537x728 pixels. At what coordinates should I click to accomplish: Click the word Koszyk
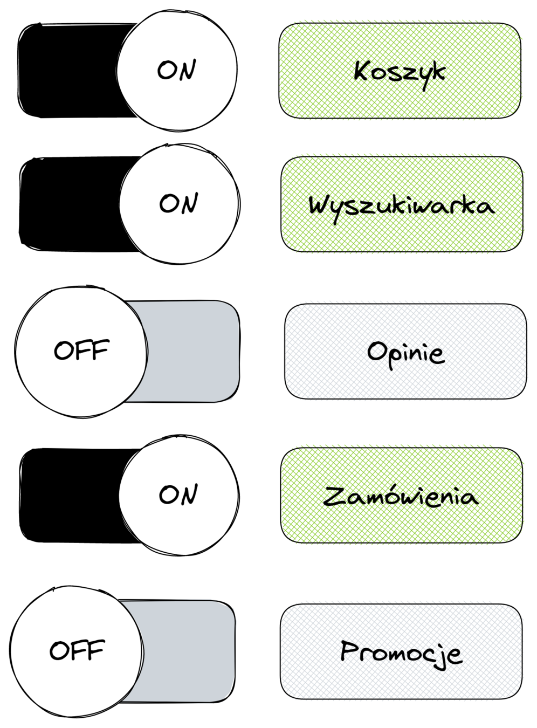coord(400,72)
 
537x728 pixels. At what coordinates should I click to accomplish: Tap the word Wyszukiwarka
coord(402,205)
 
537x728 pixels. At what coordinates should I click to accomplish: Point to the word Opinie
coord(406,353)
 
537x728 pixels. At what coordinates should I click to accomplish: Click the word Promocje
coord(402,653)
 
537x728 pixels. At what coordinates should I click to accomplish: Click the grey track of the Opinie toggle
coord(194,352)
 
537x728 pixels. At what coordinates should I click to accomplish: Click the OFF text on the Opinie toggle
coord(81,351)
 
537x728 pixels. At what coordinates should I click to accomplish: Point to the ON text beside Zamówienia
coord(178,495)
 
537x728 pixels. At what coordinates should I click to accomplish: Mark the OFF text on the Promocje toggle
coord(77,650)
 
